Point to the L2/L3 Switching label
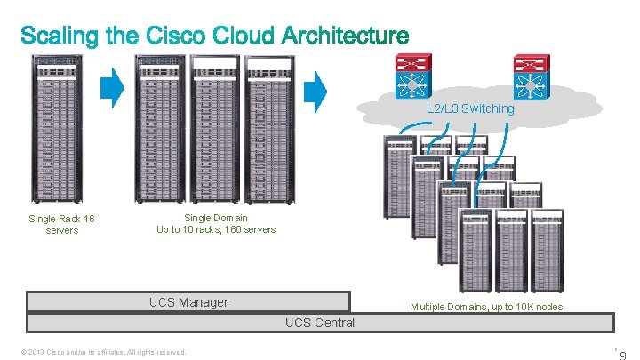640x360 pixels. pos(469,108)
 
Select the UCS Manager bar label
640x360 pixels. pos(188,302)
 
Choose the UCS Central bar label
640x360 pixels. pos(320,323)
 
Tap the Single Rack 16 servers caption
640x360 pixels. pos(62,224)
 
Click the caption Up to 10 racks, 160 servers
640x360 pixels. pos(216,229)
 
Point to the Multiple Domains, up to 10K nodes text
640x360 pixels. pos(486,307)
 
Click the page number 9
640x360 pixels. pos(623,355)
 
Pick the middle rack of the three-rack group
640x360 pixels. pos(215,130)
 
